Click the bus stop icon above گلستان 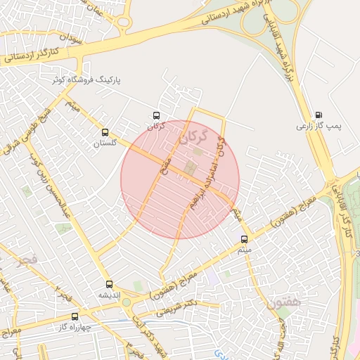(105, 132)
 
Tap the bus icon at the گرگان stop (156, 115)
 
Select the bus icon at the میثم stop (244, 239)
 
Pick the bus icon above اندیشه (109, 284)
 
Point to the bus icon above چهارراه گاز (75, 316)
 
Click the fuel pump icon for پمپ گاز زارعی (320, 115)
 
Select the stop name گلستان (104, 143)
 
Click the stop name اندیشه (109, 295)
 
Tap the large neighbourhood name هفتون (284, 302)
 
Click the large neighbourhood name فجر (17, 262)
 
